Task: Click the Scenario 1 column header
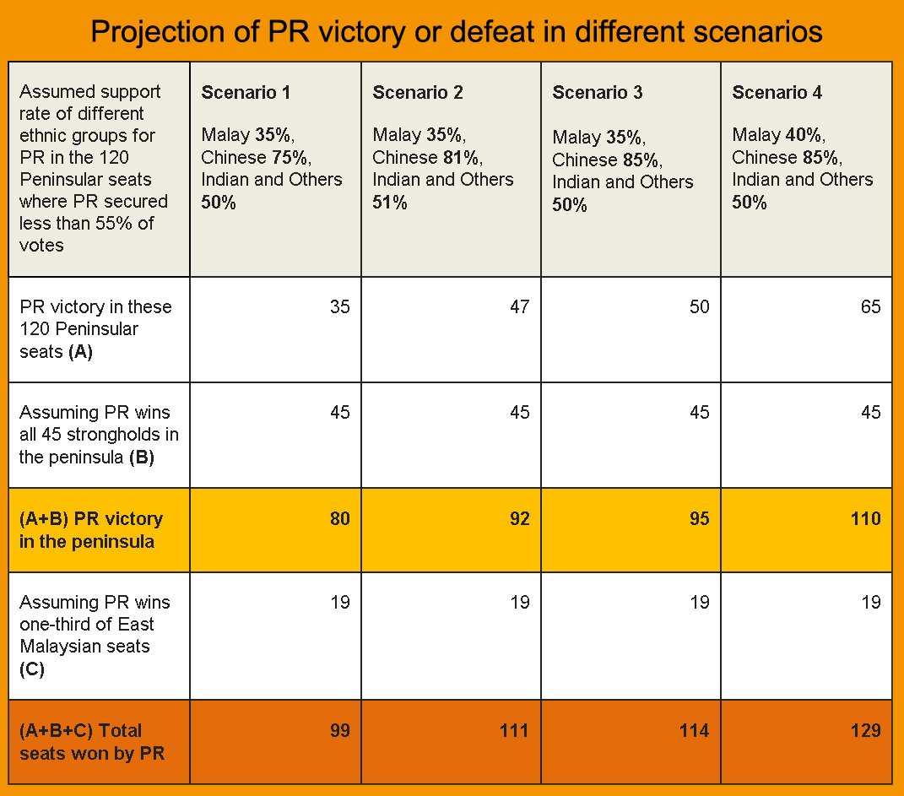pos(246,93)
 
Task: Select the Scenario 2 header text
pos(418,93)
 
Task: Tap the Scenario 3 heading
pos(598,93)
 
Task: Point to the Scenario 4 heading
pos(777,93)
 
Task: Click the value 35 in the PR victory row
pos(339,307)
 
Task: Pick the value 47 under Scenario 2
pos(520,307)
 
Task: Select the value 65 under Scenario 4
pos(870,307)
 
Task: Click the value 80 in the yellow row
pos(339,518)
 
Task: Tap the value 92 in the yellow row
pos(520,518)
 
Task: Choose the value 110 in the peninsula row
pos(865,518)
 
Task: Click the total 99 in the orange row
pos(339,730)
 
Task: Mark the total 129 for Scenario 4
pos(865,730)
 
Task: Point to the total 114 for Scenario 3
pos(695,730)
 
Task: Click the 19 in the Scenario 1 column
pos(339,603)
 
